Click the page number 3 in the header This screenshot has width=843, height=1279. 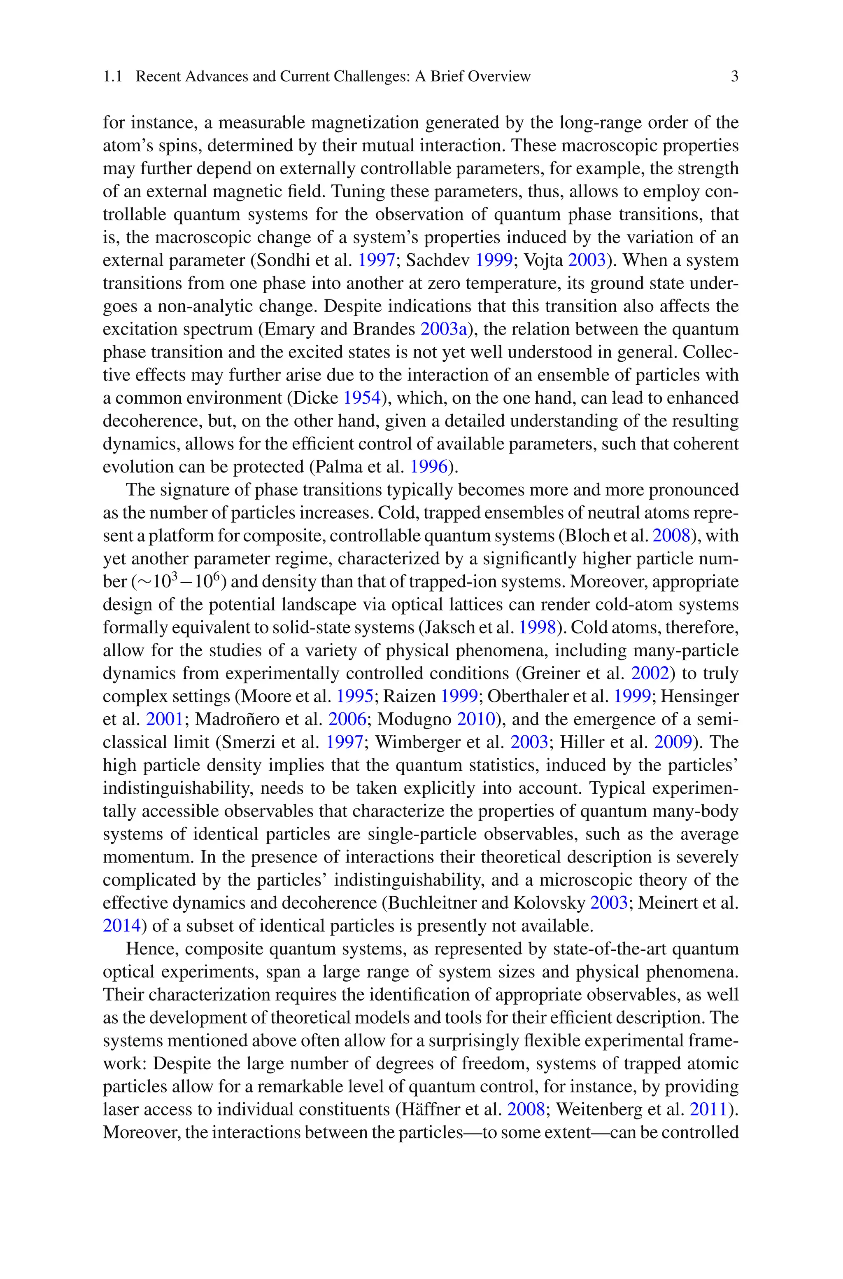[734, 76]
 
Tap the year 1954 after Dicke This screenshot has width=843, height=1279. [362, 398]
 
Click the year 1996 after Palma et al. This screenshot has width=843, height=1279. [429, 467]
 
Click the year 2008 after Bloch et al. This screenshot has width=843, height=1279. [671, 535]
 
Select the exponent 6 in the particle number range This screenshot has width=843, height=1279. [217, 577]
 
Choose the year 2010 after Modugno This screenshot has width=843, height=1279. [476, 720]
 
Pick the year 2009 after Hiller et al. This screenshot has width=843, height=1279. [673, 742]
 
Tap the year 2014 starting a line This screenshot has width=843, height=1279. [121, 926]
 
